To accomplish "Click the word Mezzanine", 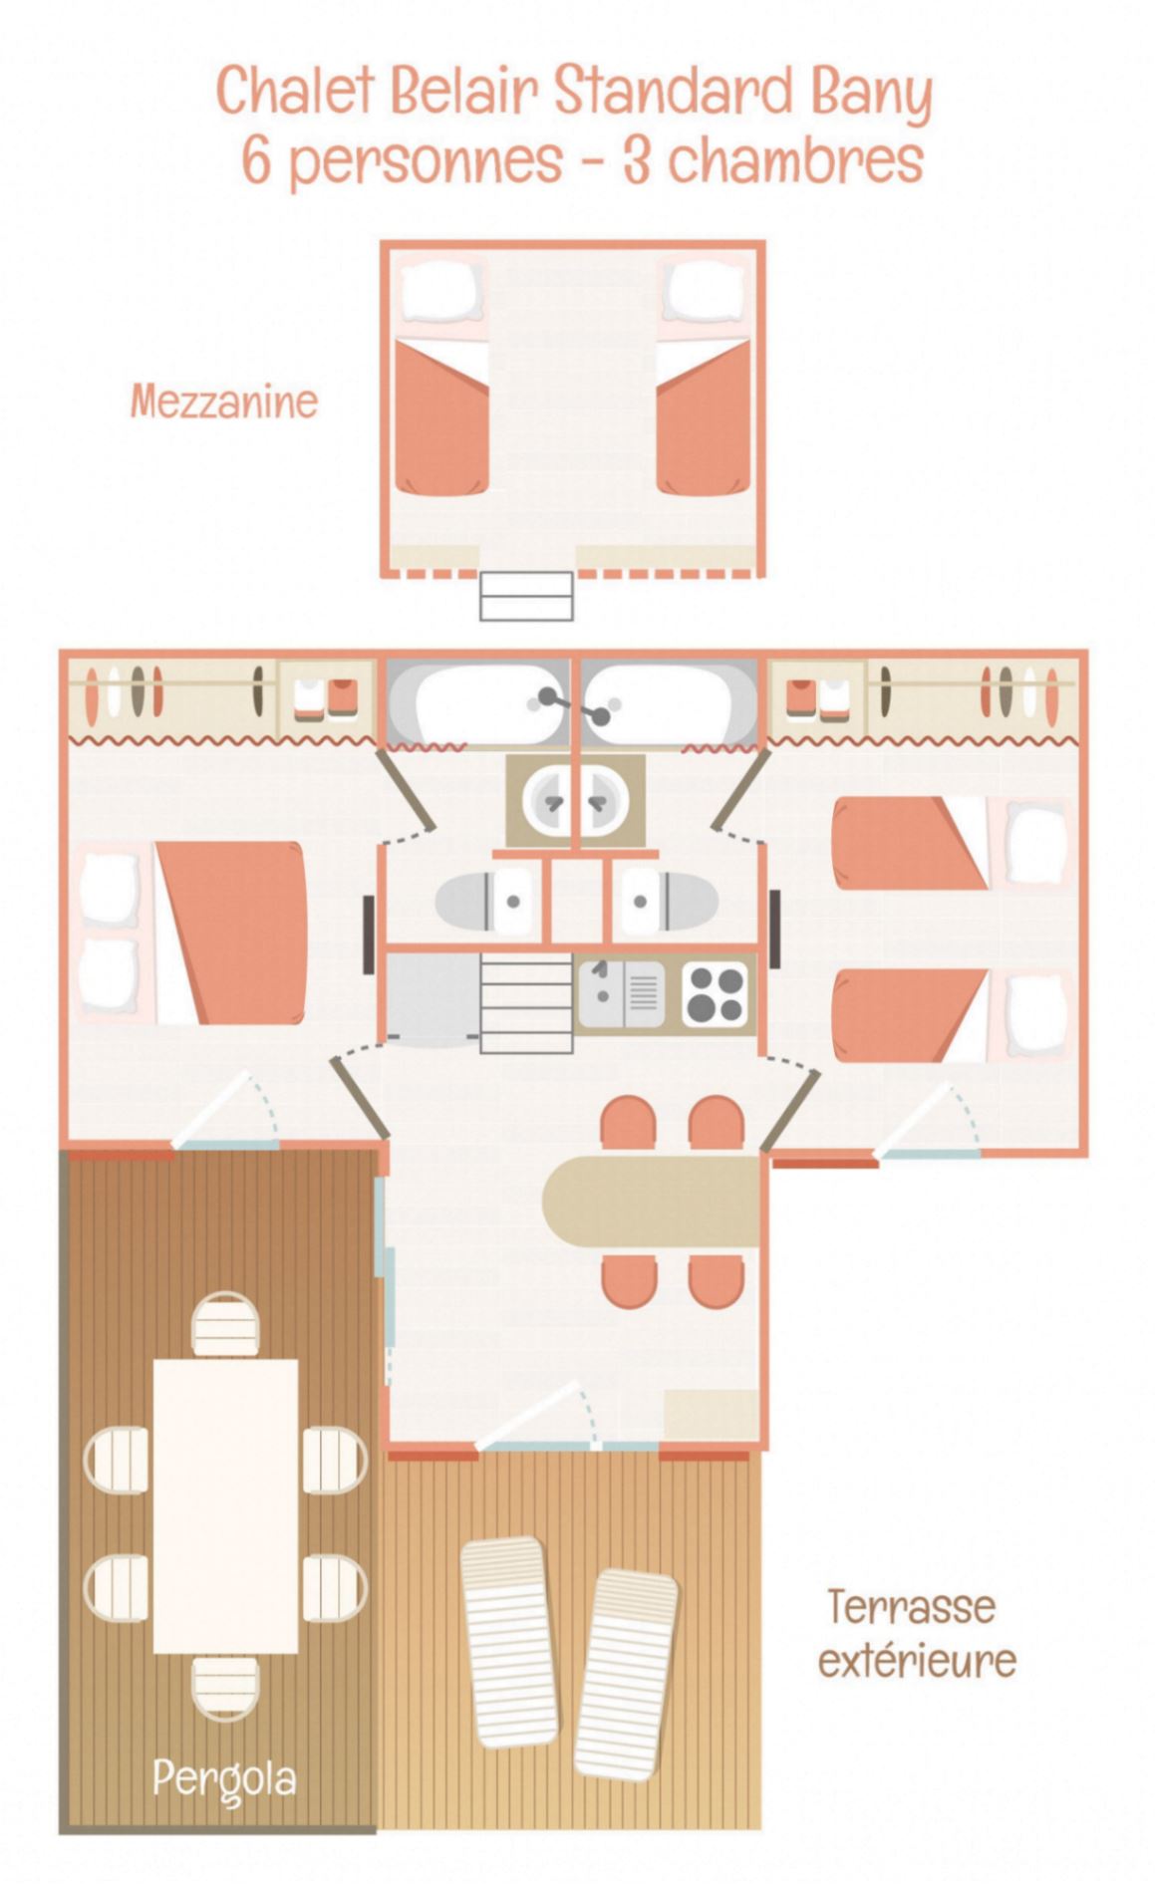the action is [x=223, y=401].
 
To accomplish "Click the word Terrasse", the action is [x=911, y=1607].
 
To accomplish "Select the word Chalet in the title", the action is [x=295, y=92].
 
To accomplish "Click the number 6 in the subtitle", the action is [x=256, y=159].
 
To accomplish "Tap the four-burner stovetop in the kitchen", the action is [x=715, y=993].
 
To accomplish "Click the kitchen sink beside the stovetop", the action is [x=620, y=993].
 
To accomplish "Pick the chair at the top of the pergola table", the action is [x=225, y=1323].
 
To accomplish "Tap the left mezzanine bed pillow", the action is [x=440, y=290].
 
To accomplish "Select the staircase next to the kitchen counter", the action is [x=526, y=1003].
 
